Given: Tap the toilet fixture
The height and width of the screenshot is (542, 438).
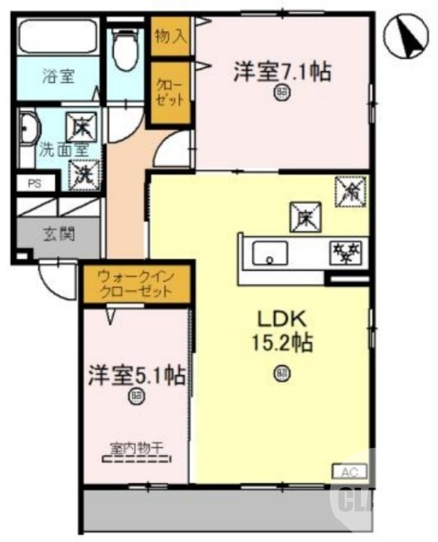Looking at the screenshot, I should pos(124,50).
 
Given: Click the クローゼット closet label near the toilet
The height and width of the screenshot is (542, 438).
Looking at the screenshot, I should pos(170,93).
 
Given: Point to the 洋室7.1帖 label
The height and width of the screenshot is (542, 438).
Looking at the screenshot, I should pos(282,72).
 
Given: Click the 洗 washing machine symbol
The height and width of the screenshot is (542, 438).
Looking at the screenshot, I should pos(83,173).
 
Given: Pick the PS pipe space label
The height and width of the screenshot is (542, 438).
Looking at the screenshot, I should pos(33,184).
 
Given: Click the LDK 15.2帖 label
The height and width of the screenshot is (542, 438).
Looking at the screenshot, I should pos(282,331).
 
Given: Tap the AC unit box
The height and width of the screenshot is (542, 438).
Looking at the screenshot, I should pos(349,471).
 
